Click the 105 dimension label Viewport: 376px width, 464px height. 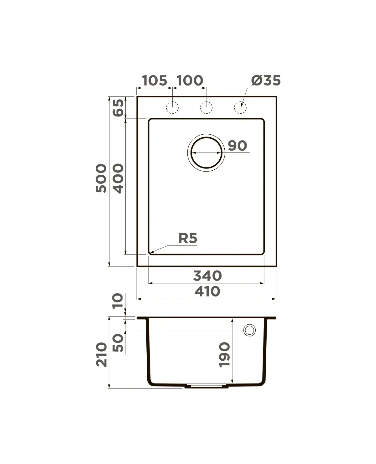click(154, 80)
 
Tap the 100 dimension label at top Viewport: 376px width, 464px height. click(190, 80)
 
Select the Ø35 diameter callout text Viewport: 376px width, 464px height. click(266, 80)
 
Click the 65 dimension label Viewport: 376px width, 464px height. click(118, 108)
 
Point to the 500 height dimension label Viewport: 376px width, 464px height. click(101, 178)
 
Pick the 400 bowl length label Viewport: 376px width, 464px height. click(118, 178)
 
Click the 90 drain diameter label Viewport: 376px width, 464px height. click(238, 146)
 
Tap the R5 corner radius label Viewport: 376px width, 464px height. click(188, 238)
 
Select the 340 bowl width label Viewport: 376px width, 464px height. click(207, 276)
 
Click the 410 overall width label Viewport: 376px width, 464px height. click(207, 291)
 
